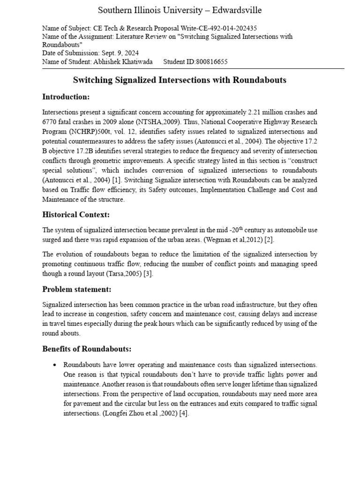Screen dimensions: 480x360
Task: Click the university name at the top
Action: point(180,10)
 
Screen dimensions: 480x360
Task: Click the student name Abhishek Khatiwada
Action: point(121,61)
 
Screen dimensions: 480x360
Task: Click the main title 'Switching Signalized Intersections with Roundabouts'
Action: point(180,80)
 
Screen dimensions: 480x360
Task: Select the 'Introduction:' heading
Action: point(66,97)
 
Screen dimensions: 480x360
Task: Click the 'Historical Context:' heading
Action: point(75,214)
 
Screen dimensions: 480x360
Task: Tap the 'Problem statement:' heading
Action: point(77,289)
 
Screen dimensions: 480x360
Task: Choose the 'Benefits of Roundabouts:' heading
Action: point(87,349)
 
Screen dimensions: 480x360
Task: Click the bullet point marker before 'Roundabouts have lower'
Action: point(55,365)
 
